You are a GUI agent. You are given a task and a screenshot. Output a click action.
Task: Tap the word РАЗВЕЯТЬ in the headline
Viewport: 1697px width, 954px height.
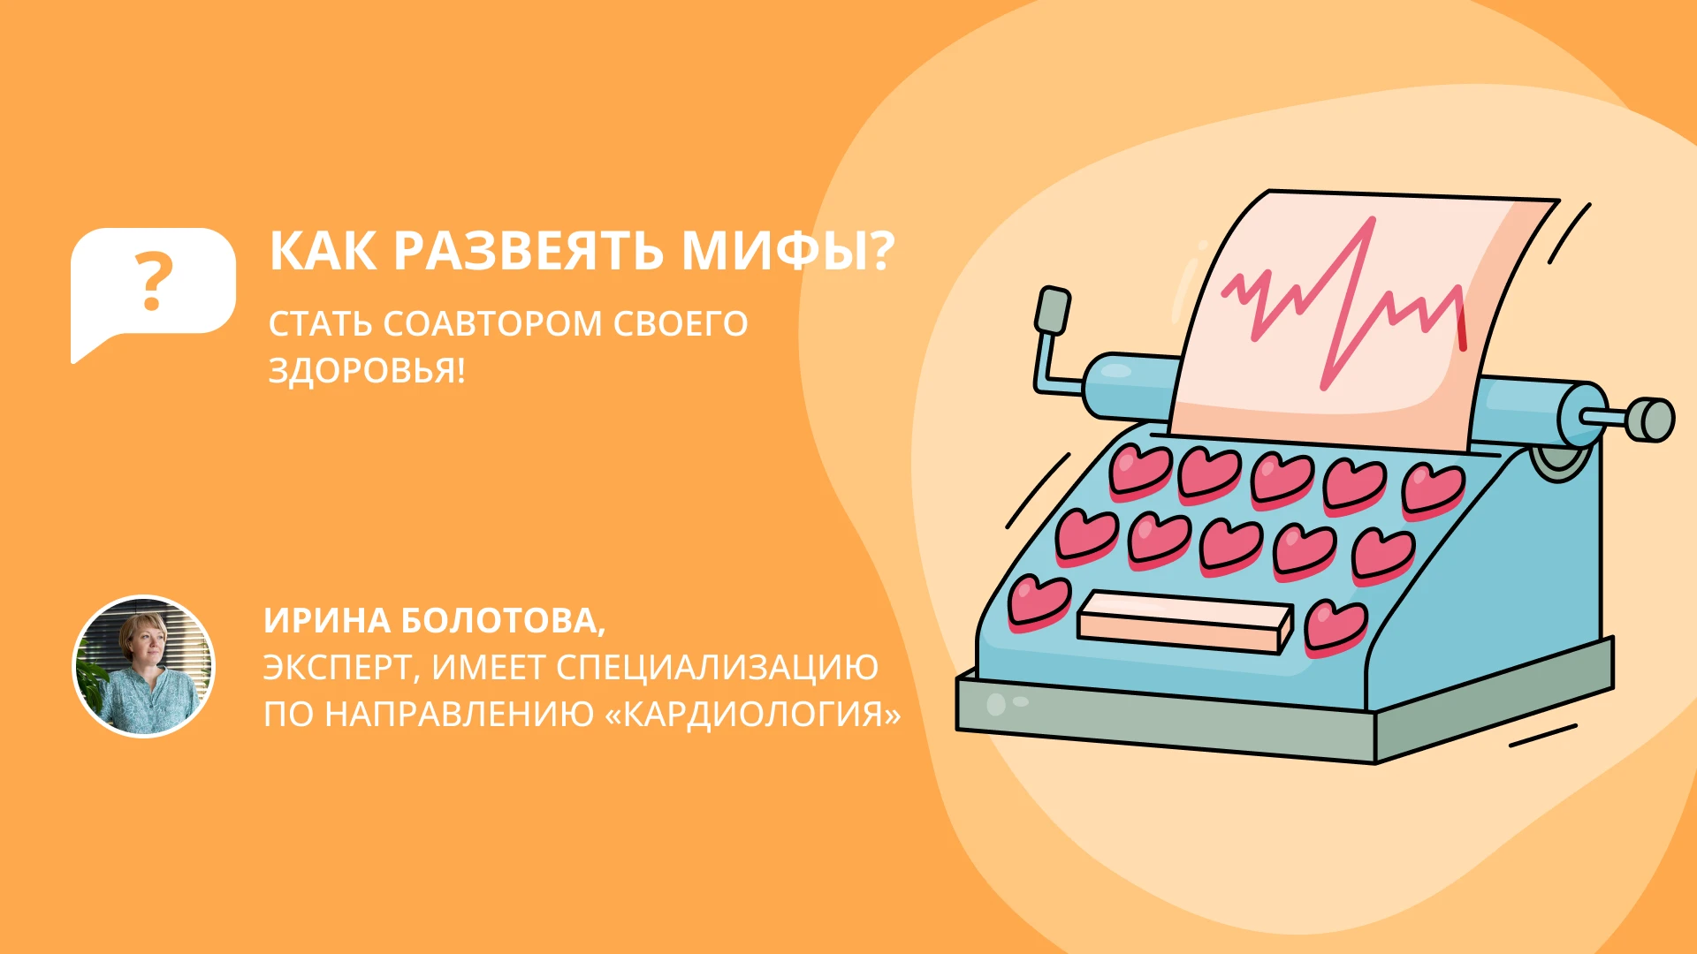pyautogui.click(x=529, y=251)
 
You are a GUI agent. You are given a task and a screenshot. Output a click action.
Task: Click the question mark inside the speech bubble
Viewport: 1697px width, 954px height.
pyautogui.click(x=153, y=281)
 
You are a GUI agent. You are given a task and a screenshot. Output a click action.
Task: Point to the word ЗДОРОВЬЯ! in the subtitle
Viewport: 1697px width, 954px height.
pyautogui.click(x=367, y=370)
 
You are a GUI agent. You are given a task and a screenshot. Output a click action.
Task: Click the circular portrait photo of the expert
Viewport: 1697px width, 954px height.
pyautogui.click(x=143, y=666)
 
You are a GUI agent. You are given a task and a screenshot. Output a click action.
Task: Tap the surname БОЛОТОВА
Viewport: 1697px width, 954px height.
pyautogui.click(x=503, y=621)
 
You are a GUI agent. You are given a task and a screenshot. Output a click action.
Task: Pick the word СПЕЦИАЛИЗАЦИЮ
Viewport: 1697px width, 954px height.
pyautogui.click(x=717, y=668)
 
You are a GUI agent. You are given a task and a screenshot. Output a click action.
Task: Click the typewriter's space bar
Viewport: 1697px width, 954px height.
pyautogui.click(x=1184, y=621)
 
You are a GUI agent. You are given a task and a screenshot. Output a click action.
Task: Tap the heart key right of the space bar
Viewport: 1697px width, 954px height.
pyautogui.click(x=1336, y=626)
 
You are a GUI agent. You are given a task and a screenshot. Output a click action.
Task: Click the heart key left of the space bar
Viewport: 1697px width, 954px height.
pyautogui.click(x=1039, y=602)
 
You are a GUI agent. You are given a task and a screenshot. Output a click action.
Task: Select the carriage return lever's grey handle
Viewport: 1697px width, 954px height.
pyautogui.click(x=1052, y=310)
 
